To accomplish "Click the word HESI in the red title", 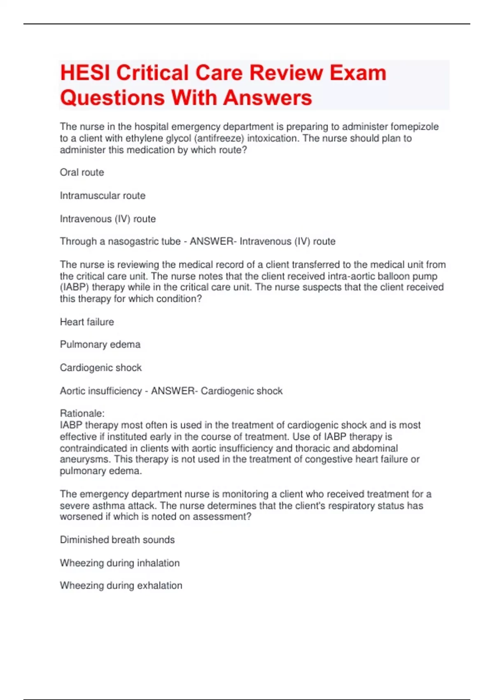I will tap(85, 73).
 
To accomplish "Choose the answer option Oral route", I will tap(82, 172).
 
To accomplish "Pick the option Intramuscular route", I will tap(103, 196).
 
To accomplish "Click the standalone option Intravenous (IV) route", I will tap(108, 219).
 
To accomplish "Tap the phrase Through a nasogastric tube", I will tap(120, 241).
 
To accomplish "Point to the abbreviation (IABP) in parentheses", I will tap(75, 287).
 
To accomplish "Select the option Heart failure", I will tap(87, 322).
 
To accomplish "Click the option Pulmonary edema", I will tap(100, 344).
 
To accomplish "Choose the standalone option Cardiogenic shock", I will tap(101, 367).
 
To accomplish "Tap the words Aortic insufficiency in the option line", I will tap(101, 391).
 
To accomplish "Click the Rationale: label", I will tap(82, 413).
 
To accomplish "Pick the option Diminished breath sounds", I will tap(117, 539).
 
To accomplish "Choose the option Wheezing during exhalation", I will tap(121, 585).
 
